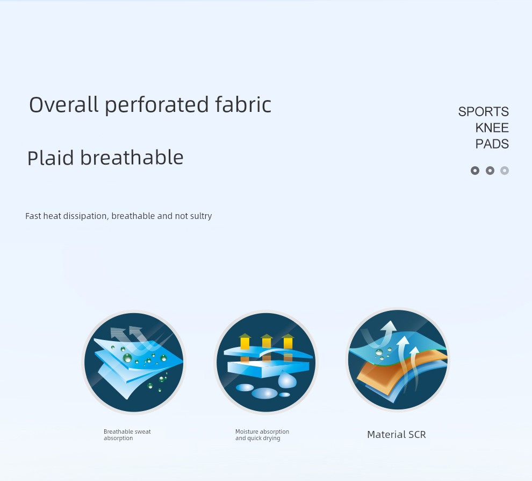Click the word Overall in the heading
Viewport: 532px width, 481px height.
coord(63,104)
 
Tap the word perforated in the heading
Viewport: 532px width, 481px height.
coord(156,105)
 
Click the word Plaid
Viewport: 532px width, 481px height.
coord(51,158)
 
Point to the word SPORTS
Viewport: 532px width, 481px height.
coord(484,112)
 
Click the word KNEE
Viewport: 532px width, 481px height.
coord(492,128)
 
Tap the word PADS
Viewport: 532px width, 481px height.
coord(492,144)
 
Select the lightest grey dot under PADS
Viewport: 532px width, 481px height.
coord(505,171)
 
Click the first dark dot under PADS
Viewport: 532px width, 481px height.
coord(475,171)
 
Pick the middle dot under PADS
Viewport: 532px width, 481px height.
coord(490,171)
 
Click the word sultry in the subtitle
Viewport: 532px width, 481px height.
coord(202,216)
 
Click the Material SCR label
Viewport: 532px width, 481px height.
coord(396,435)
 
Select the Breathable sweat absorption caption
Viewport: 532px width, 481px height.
coord(127,435)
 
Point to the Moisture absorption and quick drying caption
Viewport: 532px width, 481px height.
coord(262,435)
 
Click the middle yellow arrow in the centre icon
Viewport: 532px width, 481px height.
coord(267,342)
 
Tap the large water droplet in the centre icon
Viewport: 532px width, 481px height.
coord(287,379)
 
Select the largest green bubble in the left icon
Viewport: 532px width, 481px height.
coord(127,358)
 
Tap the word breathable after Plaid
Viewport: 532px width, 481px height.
coord(132,158)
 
